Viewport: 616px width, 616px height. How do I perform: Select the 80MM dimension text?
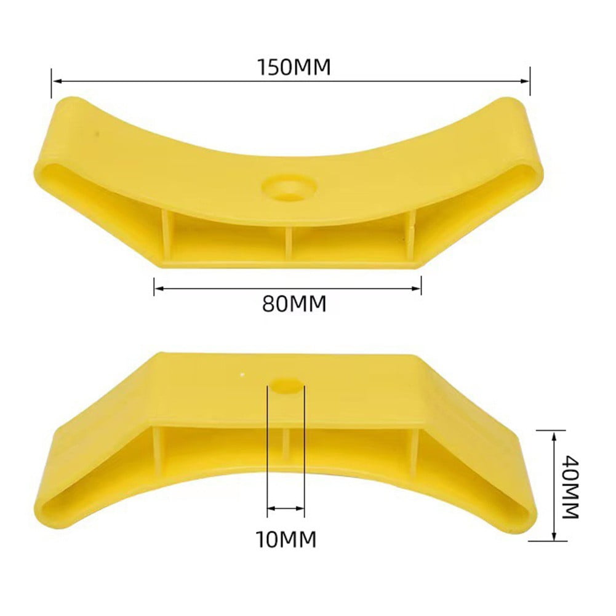point(294,303)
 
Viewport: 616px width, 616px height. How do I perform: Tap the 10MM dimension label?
point(286,539)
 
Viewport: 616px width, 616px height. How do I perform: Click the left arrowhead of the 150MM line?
point(56,80)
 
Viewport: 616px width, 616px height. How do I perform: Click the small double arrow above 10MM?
point(286,509)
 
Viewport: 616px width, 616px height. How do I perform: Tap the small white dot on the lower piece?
point(244,374)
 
